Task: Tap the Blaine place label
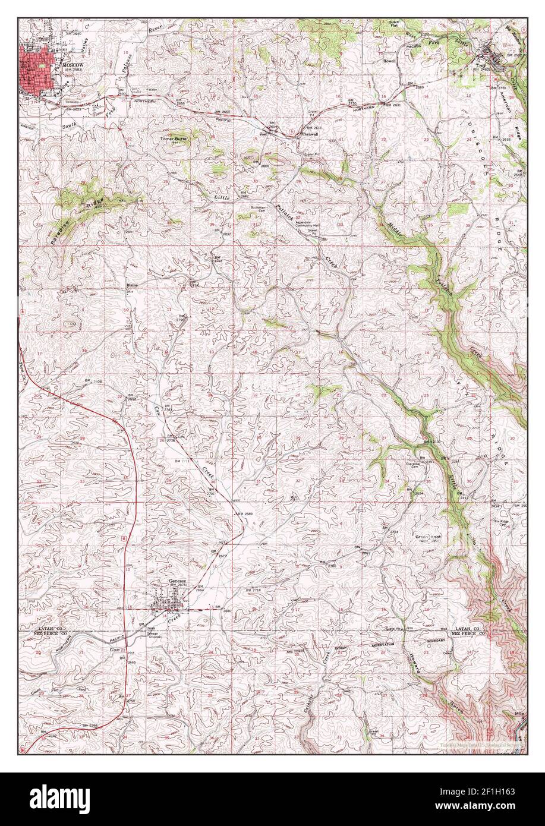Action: tap(132, 285)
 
